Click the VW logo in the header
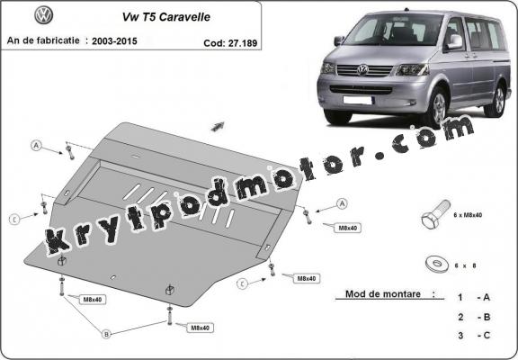pos(43,16)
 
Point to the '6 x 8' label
pos(463,265)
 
